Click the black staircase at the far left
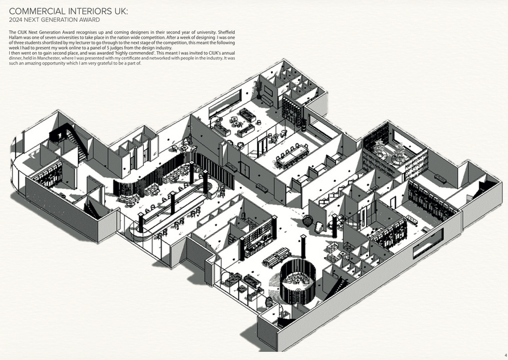(x=75, y=138)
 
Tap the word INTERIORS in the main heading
(x=88, y=11)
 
